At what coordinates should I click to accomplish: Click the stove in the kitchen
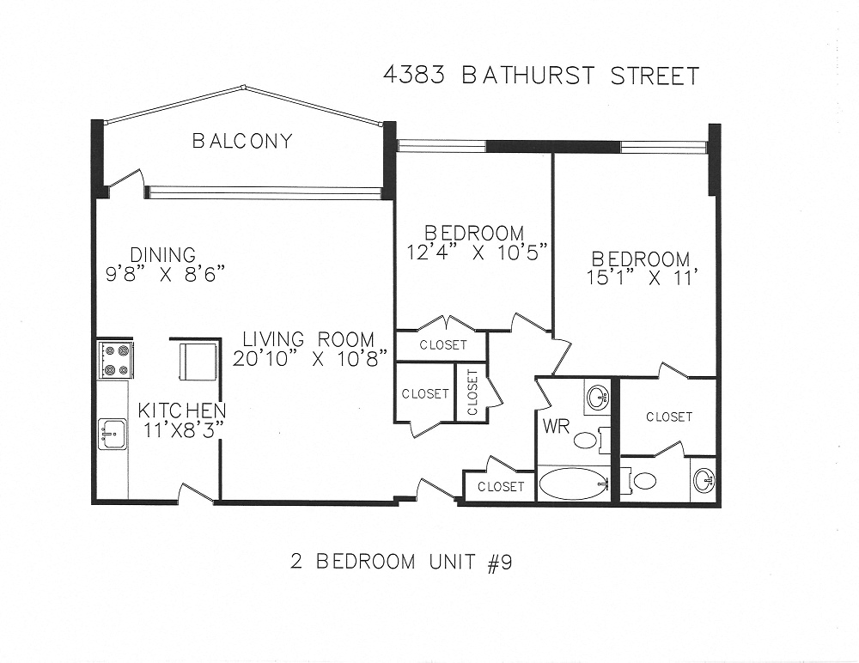point(116,360)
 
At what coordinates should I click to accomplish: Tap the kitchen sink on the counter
point(113,434)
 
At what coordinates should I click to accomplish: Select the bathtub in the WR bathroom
point(573,484)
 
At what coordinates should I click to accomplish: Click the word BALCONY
point(242,141)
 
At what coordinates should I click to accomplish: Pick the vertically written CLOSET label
point(472,392)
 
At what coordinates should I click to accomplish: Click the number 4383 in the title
point(416,76)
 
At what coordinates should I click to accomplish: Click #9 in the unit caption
point(499,563)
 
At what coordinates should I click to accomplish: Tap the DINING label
point(163,255)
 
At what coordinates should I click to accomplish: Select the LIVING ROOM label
point(308,338)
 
